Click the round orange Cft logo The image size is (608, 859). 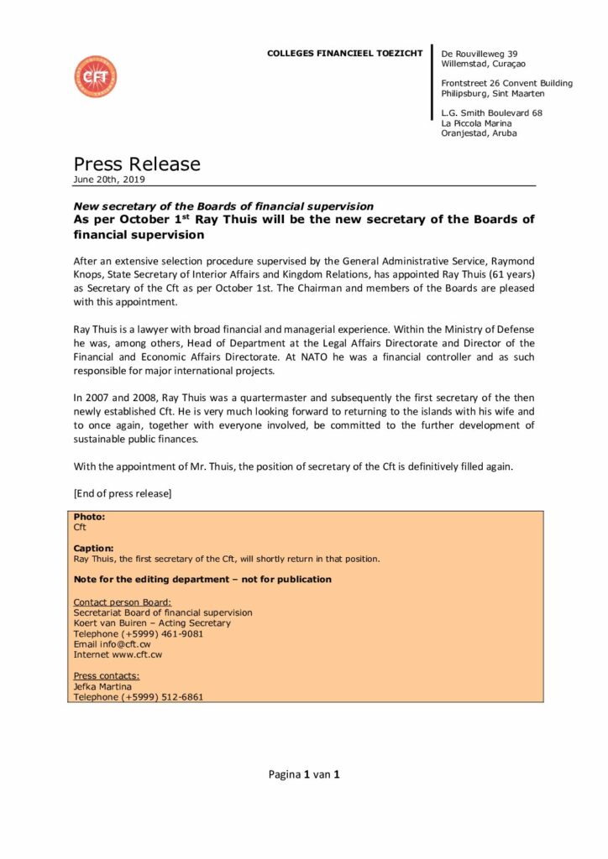click(x=96, y=76)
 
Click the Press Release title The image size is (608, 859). click(x=136, y=164)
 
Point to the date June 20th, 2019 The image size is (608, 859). click(x=109, y=180)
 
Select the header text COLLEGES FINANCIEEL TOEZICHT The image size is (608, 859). click(x=345, y=54)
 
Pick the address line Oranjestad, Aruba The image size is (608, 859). click(x=479, y=133)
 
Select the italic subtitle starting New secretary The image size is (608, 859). click(x=223, y=206)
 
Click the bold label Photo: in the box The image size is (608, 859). click(x=90, y=517)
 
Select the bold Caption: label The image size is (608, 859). click(x=93, y=548)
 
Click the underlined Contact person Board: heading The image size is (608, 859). click(x=123, y=602)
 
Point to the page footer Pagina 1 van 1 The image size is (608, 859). click(x=303, y=774)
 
